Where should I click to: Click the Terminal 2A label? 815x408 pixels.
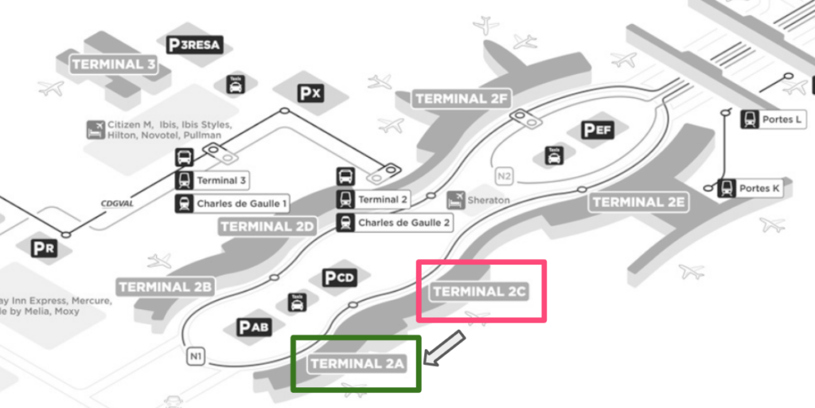pos(357,364)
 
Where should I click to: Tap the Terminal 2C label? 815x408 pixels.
pos(480,292)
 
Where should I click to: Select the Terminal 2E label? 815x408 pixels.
pos(638,202)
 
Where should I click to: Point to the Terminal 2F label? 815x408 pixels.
pos(461,99)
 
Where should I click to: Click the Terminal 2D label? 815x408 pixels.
pos(267,226)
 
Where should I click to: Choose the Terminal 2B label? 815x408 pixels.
pos(165,286)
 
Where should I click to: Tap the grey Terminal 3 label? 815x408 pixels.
pos(114,65)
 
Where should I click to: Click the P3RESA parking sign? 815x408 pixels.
pos(194,45)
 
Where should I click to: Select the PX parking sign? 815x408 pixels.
pos(310,93)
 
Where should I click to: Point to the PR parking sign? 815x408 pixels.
pos(44,249)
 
